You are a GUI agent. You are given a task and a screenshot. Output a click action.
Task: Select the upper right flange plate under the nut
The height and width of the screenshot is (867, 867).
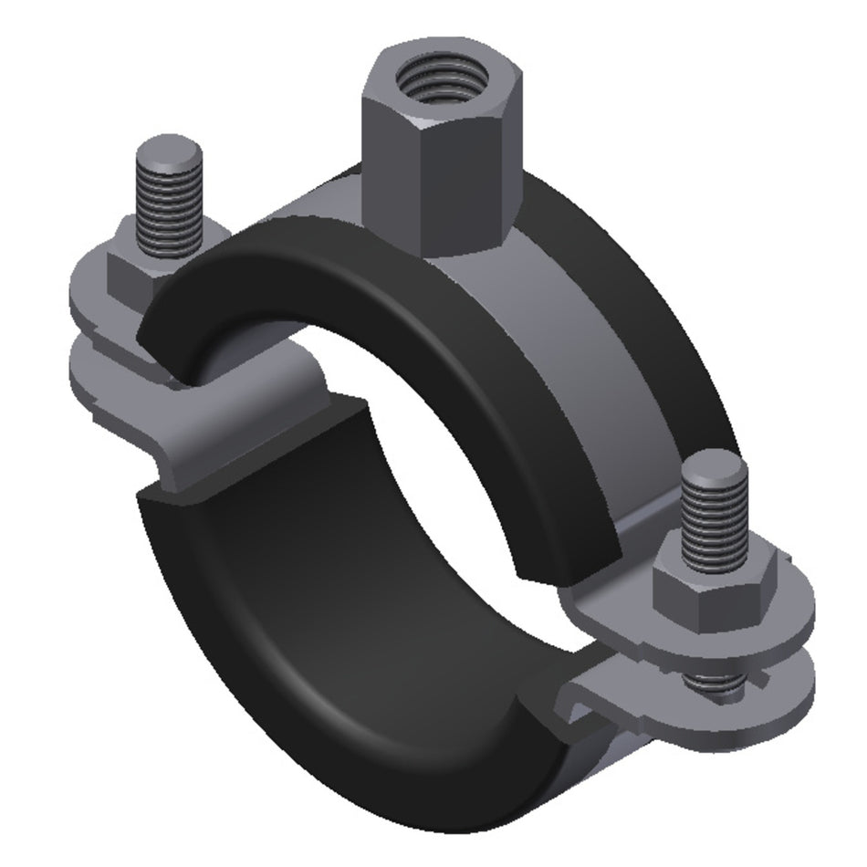[785, 621]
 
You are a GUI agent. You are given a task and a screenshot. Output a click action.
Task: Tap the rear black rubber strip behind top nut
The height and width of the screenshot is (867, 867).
[639, 301]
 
